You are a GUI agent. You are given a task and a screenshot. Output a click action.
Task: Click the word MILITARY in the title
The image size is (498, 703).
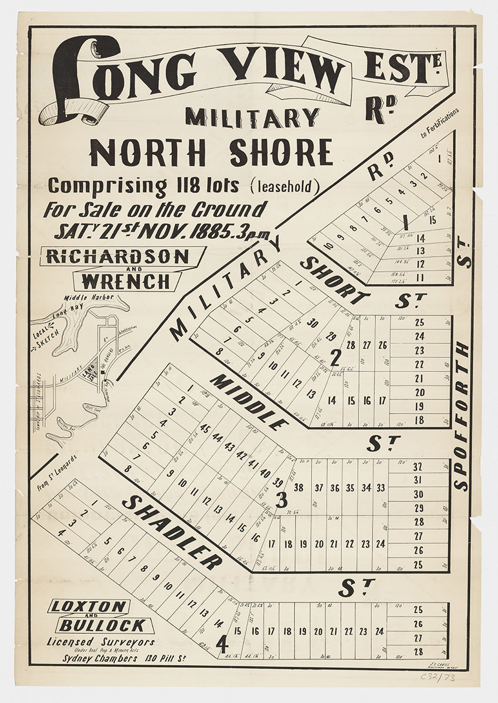tap(252, 118)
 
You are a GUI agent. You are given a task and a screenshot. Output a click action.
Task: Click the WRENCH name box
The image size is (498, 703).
tap(125, 281)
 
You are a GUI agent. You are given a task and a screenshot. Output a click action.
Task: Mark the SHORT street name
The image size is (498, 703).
tap(334, 280)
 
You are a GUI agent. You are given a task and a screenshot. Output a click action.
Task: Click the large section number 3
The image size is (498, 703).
tap(281, 501)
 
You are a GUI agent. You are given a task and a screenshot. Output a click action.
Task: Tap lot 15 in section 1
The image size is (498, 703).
tap(432, 221)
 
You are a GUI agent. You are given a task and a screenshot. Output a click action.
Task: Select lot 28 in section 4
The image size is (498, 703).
tap(418, 651)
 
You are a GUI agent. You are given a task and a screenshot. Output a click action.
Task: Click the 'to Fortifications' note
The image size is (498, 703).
tap(439, 125)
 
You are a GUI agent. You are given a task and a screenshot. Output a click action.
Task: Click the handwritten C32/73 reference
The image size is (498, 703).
tap(438, 677)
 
